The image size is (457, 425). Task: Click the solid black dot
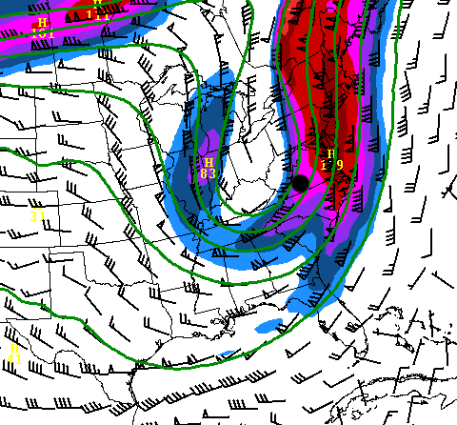click(300, 182)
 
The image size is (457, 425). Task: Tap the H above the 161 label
click(42, 22)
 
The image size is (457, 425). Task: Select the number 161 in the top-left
click(43, 32)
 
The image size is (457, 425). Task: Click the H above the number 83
click(209, 163)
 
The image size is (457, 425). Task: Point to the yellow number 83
click(208, 173)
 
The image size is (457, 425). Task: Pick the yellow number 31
click(37, 215)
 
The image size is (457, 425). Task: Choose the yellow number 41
click(14, 359)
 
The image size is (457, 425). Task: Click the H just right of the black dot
click(330, 154)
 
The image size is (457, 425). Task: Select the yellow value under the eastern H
click(331, 165)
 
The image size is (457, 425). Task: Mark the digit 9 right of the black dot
click(339, 165)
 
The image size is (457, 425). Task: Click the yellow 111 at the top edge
click(99, 14)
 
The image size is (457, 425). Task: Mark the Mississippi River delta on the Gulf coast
click(234, 329)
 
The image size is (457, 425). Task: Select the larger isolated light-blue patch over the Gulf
click(271, 326)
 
